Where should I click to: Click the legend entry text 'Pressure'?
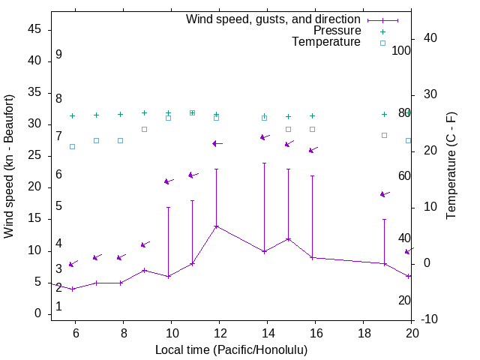337,31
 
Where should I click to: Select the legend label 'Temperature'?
326,42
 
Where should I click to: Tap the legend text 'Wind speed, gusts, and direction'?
274,19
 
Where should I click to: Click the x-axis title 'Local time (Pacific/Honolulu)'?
231,349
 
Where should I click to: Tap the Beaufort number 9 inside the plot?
58,55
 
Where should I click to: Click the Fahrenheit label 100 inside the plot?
402,50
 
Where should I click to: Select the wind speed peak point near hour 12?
217,226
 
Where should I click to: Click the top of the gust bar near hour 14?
264,163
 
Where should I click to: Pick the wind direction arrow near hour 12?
217,143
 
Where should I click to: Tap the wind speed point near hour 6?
73,289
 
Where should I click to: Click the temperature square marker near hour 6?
73,146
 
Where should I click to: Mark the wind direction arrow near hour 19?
385,194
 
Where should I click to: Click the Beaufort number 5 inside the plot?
58,206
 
